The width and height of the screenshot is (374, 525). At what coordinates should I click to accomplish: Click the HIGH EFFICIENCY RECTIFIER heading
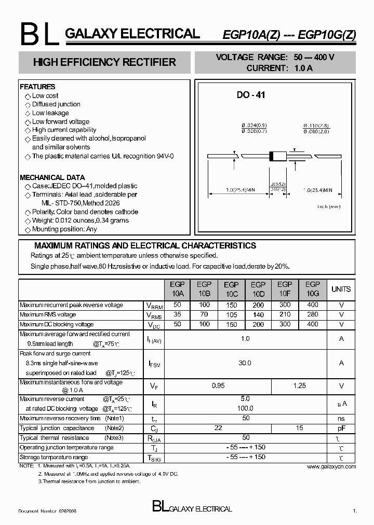click(x=104, y=62)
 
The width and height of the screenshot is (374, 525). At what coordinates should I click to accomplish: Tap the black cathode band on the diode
click(x=271, y=156)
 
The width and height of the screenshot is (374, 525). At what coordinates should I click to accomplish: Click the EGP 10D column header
click(x=258, y=289)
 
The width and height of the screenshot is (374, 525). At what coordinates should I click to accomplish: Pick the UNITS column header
click(x=341, y=289)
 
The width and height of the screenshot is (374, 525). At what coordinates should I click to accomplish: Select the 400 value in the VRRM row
click(x=312, y=305)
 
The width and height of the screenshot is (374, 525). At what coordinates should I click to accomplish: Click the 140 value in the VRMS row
click(x=258, y=315)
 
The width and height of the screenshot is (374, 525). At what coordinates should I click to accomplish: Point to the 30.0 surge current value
click(x=245, y=363)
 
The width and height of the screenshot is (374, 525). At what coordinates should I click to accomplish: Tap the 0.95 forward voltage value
click(x=218, y=386)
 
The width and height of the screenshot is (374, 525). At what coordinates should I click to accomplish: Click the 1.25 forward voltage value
click(x=299, y=386)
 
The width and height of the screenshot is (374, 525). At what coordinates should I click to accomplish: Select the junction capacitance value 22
click(x=218, y=428)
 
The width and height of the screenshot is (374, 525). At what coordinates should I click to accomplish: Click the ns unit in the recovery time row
click(x=341, y=418)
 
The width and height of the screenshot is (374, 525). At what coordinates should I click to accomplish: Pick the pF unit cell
click(x=341, y=428)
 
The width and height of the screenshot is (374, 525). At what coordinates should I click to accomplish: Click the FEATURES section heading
click(x=37, y=87)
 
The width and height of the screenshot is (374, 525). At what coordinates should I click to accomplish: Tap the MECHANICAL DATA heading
click(x=52, y=177)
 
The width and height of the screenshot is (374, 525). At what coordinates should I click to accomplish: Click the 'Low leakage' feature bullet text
click(x=50, y=113)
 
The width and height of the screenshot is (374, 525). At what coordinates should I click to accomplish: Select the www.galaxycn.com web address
click(x=331, y=467)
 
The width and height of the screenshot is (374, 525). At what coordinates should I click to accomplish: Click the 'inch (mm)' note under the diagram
click(x=329, y=206)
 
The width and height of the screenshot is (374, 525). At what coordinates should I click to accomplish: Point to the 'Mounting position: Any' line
click(x=64, y=229)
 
